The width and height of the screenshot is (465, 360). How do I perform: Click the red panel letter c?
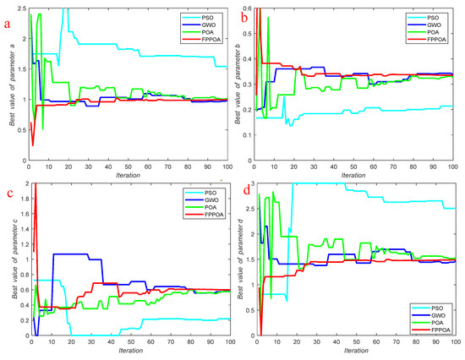point(8,196)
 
